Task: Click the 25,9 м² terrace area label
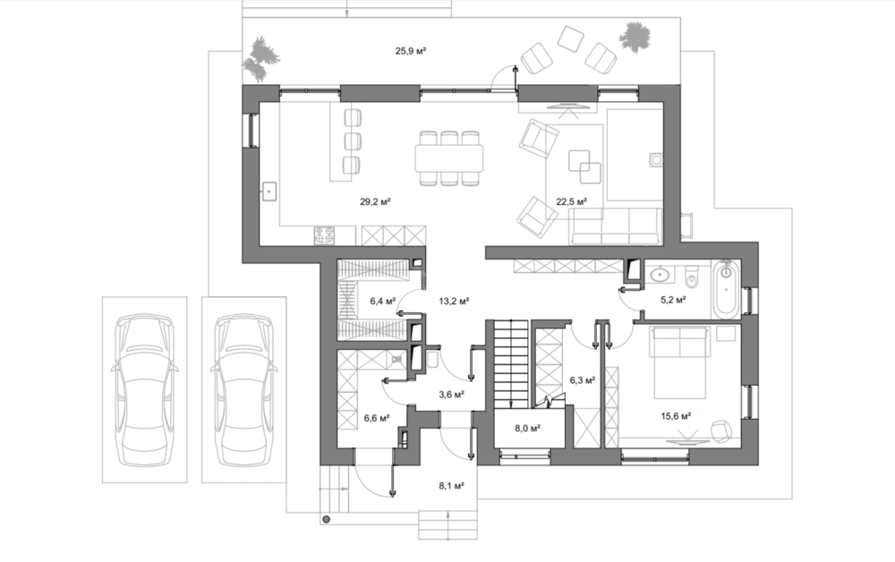coord(411,51)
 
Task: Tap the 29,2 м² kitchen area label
coord(375,201)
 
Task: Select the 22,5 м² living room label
coord(572,201)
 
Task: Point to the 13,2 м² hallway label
coord(454,300)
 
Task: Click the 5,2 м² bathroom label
coord(673,299)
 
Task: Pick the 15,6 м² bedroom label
coord(677,416)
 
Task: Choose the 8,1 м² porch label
coord(451,486)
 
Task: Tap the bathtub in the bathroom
coord(726,289)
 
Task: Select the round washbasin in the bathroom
coord(661,275)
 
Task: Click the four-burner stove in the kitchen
coord(326,235)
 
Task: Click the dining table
coord(449,158)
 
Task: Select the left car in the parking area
coord(144,389)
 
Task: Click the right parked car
coord(244,389)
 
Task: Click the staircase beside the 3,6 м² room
coord(510,364)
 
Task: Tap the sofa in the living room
coord(617,226)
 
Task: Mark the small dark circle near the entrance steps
coord(326,519)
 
